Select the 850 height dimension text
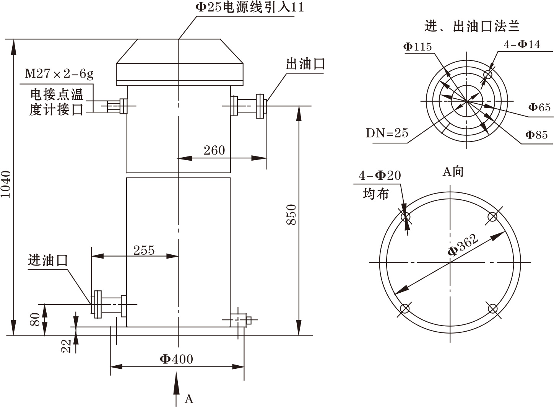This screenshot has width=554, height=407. [x=292, y=215]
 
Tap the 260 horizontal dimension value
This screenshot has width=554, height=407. [x=214, y=150]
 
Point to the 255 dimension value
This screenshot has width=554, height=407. [x=144, y=250]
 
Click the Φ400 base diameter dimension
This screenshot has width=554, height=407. [x=176, y=359]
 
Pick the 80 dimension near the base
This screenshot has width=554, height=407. [x=35, y=319]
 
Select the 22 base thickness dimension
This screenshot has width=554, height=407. [x=67, y=346]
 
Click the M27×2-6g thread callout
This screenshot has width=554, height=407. [x=59, y=73]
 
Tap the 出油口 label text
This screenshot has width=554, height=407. [x=305, y=63]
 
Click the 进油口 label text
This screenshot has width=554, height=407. [x=48, y=260]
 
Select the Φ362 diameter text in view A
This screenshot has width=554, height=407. [x=463, y=245]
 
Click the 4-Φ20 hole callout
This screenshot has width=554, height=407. [x=380, y=176]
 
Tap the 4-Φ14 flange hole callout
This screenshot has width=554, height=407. [x=522, y=45]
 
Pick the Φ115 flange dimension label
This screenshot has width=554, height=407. [x=417, y=47]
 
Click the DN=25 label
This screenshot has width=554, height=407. [x=387, y=133]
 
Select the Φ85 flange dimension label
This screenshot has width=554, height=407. [x=536, y=135]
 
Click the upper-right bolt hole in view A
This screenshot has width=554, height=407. [x=492, y=217]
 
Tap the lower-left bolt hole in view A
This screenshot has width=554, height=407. [x=405, y=308]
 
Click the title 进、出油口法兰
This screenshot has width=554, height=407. [x=472, y=26]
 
